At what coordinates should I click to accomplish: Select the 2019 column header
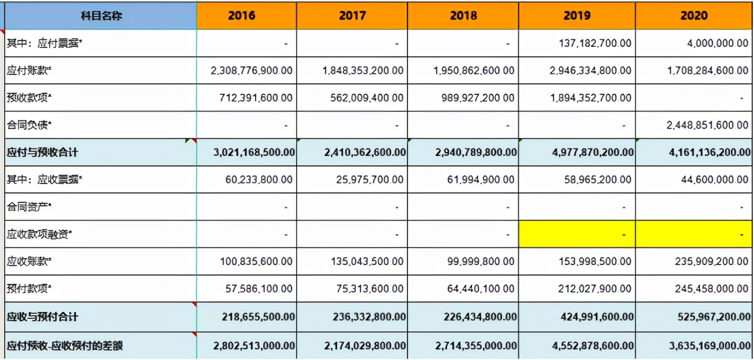click(577, 16)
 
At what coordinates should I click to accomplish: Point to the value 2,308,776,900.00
click(252, 70)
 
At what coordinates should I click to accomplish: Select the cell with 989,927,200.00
click(478, 98)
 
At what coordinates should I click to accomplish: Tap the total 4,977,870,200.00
click(587, 152)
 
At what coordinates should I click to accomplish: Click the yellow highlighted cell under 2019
click(577, 235)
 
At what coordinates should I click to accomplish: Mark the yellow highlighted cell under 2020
click(694, 235)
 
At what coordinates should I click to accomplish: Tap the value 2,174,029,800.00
click(364, 345)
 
